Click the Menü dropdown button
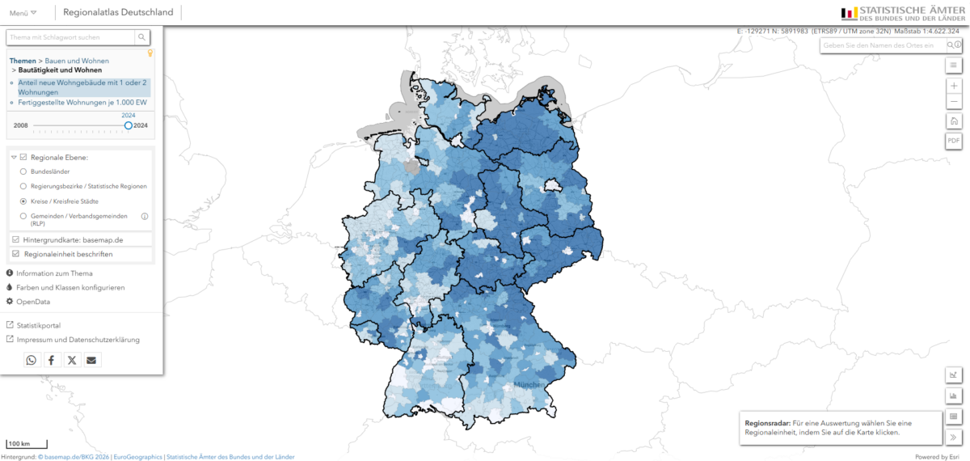pos(23,13)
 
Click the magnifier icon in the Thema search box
pos(141,37)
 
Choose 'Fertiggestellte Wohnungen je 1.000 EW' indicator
pos(82,103)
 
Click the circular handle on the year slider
pos(129,125)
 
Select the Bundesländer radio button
pos(23,172)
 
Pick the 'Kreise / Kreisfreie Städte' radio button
pos(23,200)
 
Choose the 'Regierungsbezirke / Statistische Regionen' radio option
pos(23,186)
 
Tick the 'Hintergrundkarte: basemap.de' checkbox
pos(16,240)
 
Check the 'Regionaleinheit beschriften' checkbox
pos(16,254)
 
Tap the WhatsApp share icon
pos(32,360)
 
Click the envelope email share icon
pos(92,360)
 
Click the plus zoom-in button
pos(954,86)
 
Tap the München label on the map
pos(529,385)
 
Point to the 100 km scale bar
pos(27,444)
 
